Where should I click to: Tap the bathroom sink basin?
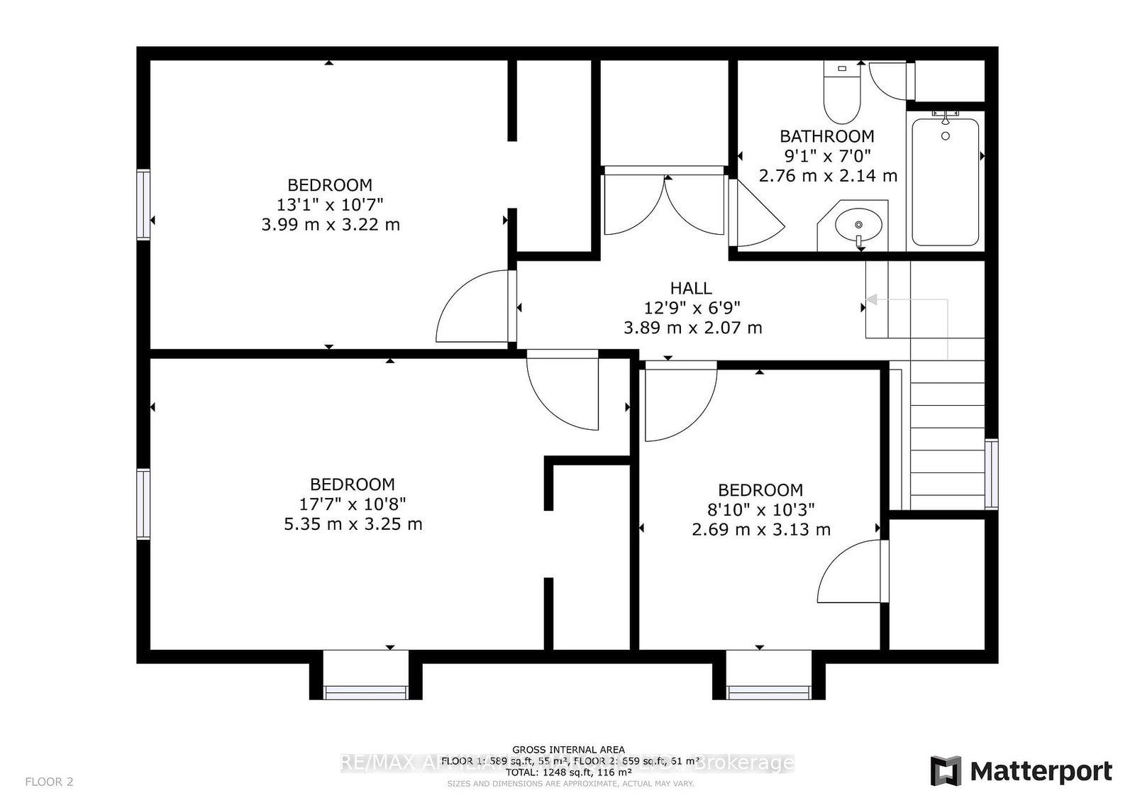858,226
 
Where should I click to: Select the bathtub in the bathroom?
945,182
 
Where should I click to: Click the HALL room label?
691,288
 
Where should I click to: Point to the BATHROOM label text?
827,136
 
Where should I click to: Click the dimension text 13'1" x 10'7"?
330,205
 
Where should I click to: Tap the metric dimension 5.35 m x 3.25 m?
353,524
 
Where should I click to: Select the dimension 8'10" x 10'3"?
761,509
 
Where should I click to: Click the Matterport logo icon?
946,771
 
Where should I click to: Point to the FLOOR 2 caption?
49,782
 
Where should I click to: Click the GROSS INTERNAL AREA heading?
569,750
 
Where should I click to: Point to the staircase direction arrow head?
871,300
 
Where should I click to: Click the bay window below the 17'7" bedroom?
366,692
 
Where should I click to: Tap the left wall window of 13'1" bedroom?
144,204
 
